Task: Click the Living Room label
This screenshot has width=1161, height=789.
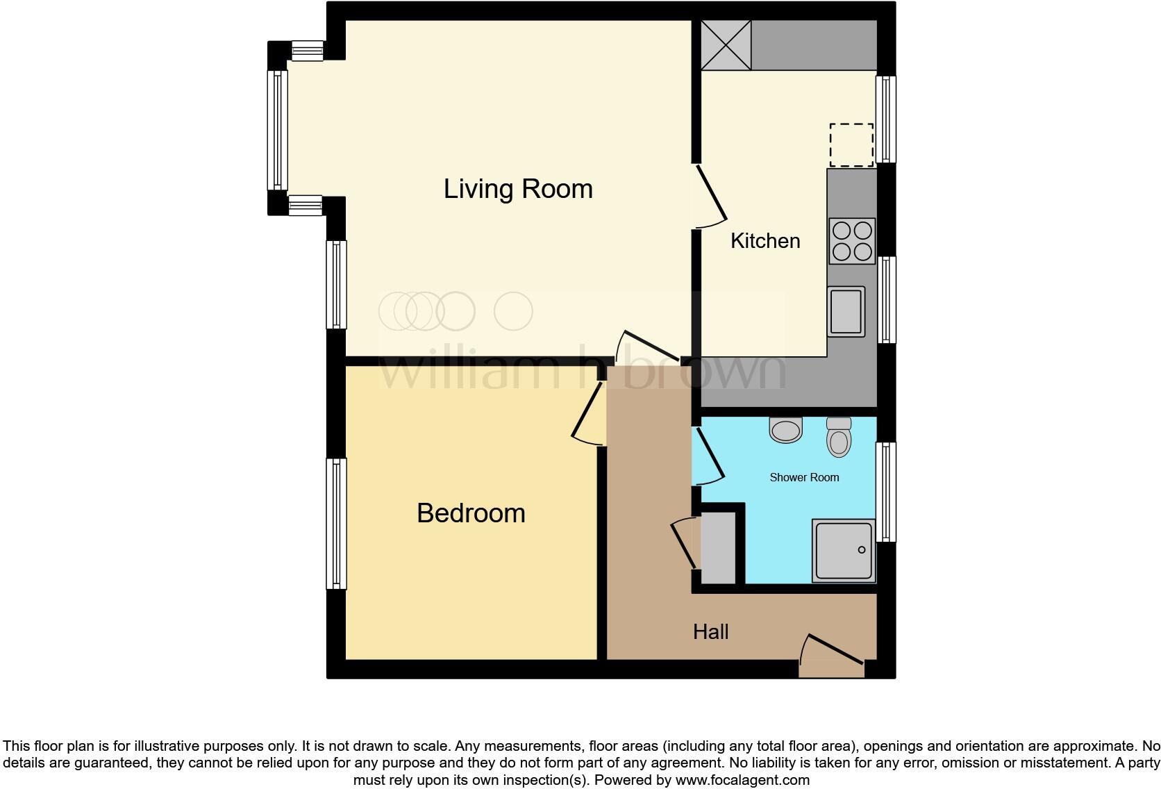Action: pos(518,189)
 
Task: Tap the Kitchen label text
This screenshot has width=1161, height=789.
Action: pos(765,241)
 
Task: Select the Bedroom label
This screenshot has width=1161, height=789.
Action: pos(471,513)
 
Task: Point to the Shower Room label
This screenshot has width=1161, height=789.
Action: pos(804,477)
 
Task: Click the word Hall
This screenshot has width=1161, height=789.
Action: pos(710,632)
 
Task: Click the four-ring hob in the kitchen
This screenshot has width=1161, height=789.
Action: pos(852,241)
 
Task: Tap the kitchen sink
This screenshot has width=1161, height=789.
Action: pos(846,311)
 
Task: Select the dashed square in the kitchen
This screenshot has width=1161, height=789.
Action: pos(851,145)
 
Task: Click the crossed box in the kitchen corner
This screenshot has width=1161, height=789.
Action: pos(726,45)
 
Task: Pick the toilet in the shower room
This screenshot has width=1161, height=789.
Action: pos(839,437)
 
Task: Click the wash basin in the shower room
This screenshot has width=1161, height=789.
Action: pos(786,430)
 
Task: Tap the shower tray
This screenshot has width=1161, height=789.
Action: pos(844,551)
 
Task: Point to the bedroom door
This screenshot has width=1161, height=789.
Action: pos(587,413)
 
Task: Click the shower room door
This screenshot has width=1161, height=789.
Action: pos(709,455)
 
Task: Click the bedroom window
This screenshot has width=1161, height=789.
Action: pos(337,524)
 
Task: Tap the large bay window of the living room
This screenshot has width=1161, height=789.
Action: pos(278,130)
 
